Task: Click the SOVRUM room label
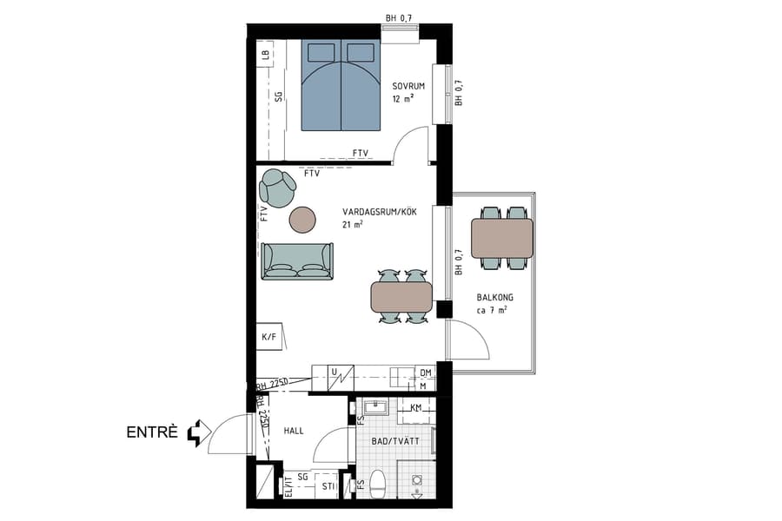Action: point(408,85)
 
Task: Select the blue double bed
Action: point(341,84)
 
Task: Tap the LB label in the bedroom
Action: point(265,56)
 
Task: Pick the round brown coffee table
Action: point(304,220)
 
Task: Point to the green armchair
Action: point(278,188)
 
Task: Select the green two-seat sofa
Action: point(297,260)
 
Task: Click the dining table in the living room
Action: point(401,297)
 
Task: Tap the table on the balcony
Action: point(502,238)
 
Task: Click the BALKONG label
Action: point(494,297)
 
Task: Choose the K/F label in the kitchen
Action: point(268,338)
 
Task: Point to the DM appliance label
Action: point(425,372)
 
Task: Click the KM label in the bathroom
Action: point(416,407)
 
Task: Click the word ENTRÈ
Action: point(153,432)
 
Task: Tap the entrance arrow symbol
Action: point(200,432)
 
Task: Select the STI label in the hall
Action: point(327,487)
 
